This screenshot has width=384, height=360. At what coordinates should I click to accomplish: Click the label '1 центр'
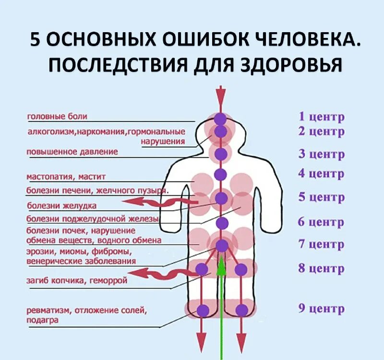pyautogui.click(x=321, y=117)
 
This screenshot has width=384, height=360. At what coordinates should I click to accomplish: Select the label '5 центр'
pyautogui.click(x=321, y=197)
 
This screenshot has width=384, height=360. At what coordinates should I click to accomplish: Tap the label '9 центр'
pyautogui.click(x=321, y=308)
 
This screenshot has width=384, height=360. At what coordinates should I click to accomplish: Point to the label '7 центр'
pyautogui.click(x=321, y=244)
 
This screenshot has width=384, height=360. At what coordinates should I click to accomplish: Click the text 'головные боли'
pyautogui.click(x=57, y=116)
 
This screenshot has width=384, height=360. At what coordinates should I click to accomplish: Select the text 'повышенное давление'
pyautogui.click(x=72, y=152)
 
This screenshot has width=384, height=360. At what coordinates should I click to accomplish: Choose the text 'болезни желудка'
pyautogui.click(x=61, y=205)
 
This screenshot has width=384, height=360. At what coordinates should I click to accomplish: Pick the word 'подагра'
pyautogui.click(x=43, y=320)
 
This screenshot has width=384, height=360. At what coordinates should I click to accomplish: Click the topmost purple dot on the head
pyautogui.click(x=220, y=118)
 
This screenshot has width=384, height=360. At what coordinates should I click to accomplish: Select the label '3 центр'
pyautogui.click(x=321, y=155)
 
